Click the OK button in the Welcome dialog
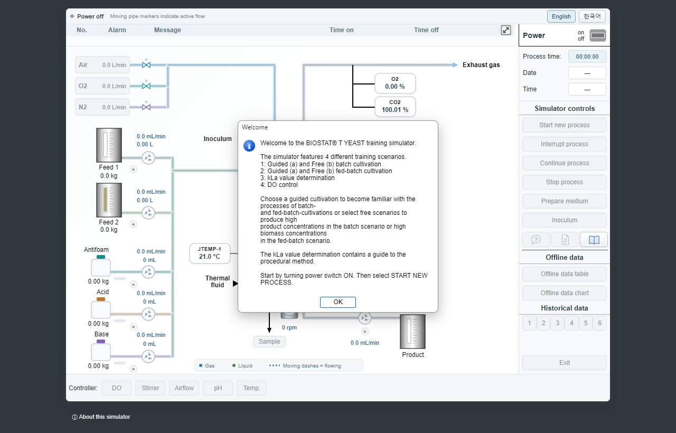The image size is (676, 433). point(337,302)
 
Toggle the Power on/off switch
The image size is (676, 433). point(597,35)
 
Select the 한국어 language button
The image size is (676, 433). point(592,16)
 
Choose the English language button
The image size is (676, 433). point(561,16)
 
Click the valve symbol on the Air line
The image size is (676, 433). point(146,65)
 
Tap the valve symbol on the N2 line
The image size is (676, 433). point(146,107)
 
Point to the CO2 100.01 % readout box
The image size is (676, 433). point(395,107)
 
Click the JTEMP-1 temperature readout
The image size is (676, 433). point(210,253)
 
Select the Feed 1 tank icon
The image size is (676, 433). point(109,145)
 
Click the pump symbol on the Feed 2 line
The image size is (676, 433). point(148,213)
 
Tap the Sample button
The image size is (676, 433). point(269,342)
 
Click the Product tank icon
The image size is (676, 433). point(412,332)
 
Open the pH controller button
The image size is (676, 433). point(218,388)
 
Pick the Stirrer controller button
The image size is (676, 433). point(151,388)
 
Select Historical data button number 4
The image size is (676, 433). point(571,323)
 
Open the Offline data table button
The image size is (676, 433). point(565,274)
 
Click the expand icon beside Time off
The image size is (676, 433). point(506,30)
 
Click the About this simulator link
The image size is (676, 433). point(101,417)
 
